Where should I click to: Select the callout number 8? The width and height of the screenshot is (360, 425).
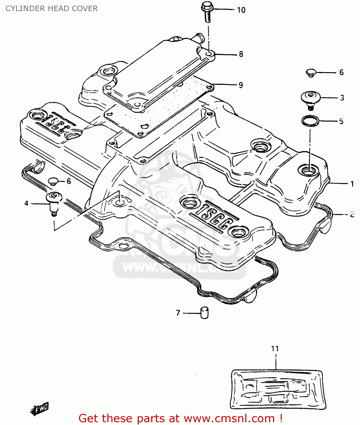pos(241,54)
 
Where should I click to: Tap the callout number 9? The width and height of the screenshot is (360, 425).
pos(241,85)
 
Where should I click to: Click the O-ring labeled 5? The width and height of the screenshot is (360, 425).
pos(310,121)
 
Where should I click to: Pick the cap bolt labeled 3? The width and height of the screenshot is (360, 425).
pos(310,99)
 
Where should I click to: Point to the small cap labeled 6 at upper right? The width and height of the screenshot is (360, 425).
pos(311,73)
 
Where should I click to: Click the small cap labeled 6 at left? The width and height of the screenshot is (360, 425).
pos(53,181)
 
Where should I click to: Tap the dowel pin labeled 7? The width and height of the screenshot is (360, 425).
pos(204,313)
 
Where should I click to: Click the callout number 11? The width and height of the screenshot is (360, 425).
pos(275,348)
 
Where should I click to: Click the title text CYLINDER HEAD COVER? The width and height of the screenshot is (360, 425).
pos(52,8)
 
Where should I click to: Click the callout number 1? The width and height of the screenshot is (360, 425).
pos(352,184)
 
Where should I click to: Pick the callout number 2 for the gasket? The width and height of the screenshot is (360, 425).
pos(352,214)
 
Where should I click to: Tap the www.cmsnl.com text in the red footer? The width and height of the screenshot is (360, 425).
pos(229,418)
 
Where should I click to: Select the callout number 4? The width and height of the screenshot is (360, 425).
pos(26,203)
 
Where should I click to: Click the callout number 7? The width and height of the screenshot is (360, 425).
pos(178,313)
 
